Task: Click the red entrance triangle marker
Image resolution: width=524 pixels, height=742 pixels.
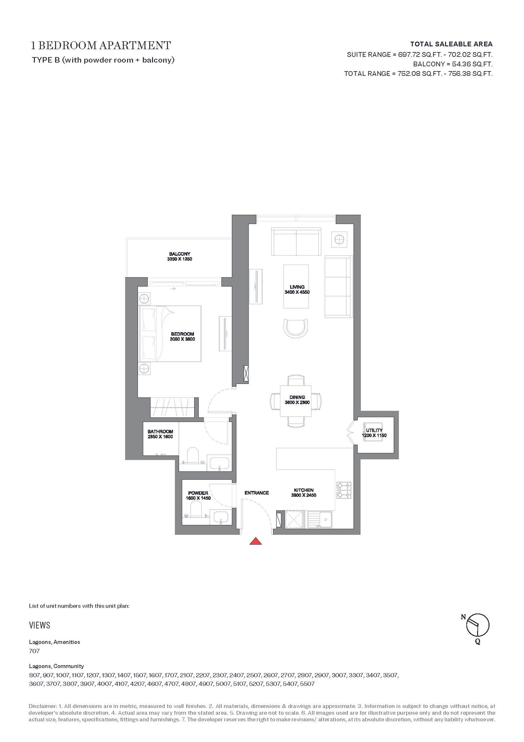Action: (x=255, y=541)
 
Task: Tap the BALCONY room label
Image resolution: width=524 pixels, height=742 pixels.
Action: (x=179, y=254)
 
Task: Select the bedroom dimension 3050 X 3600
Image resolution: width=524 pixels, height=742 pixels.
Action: (x=182, y=339)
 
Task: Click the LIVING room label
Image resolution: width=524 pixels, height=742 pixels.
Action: (x=297, y=287)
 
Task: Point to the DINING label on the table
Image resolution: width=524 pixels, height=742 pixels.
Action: (x=297, y=397)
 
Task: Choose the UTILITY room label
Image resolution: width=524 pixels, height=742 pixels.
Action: (x=374, y=430)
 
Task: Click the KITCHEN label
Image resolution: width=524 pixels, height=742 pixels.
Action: (x=304, y=490)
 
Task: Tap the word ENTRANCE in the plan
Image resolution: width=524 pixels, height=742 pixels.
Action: (x=257, y=493)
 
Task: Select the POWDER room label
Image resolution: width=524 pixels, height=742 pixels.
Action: (x=198, y=493)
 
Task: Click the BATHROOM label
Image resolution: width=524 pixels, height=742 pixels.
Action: (x=160, y=431)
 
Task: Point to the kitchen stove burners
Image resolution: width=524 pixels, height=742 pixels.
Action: (x=344, y=490)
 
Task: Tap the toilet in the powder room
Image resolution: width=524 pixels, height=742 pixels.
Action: (x=196, y=510)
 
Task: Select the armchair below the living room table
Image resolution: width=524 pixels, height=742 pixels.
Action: (x=296, y=329)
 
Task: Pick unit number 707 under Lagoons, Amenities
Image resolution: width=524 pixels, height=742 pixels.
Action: (x=34, y=651)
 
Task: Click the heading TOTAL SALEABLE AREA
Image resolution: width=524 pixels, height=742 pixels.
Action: (x=451, y=44)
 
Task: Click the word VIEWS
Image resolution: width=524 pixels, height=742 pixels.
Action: (x=40, y=625)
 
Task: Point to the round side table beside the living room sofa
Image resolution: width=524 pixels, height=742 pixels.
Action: (x=339, y=240)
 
